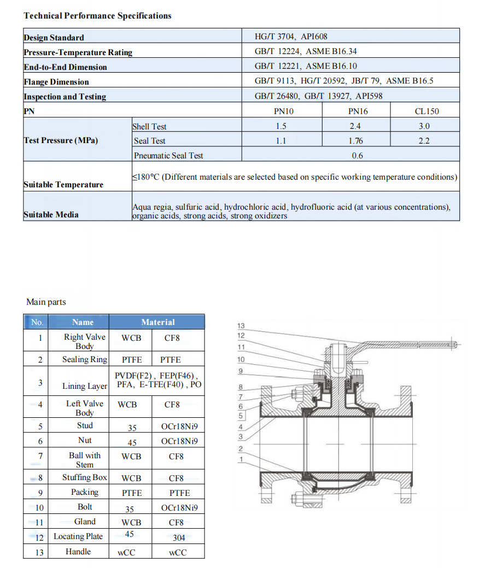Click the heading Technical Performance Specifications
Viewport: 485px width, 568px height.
pos(97,16)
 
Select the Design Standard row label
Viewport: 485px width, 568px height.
pos(54,38)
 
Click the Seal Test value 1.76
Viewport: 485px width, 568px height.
pos(355,141)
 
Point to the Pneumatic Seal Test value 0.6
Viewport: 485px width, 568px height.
pos(357,156)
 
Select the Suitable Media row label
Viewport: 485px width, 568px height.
pos(51,215)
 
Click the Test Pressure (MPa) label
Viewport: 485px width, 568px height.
pos(61,140)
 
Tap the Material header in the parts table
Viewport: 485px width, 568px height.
pos(157,322)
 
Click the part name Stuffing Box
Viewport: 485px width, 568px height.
pos(84,477)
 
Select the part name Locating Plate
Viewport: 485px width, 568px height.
pos(78,536)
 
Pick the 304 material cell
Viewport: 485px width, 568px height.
pos(179,538)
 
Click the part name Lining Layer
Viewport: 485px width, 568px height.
pos(85,386)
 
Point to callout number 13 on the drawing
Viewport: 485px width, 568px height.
pos(241,326)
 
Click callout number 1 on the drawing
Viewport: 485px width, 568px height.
pos(241,459)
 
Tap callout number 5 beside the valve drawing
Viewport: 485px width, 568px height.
pos(241,416)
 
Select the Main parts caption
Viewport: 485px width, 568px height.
pos(46,302)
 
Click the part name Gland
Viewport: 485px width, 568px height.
pos(85,522)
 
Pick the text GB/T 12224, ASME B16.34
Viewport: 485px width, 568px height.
pos(306,52)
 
